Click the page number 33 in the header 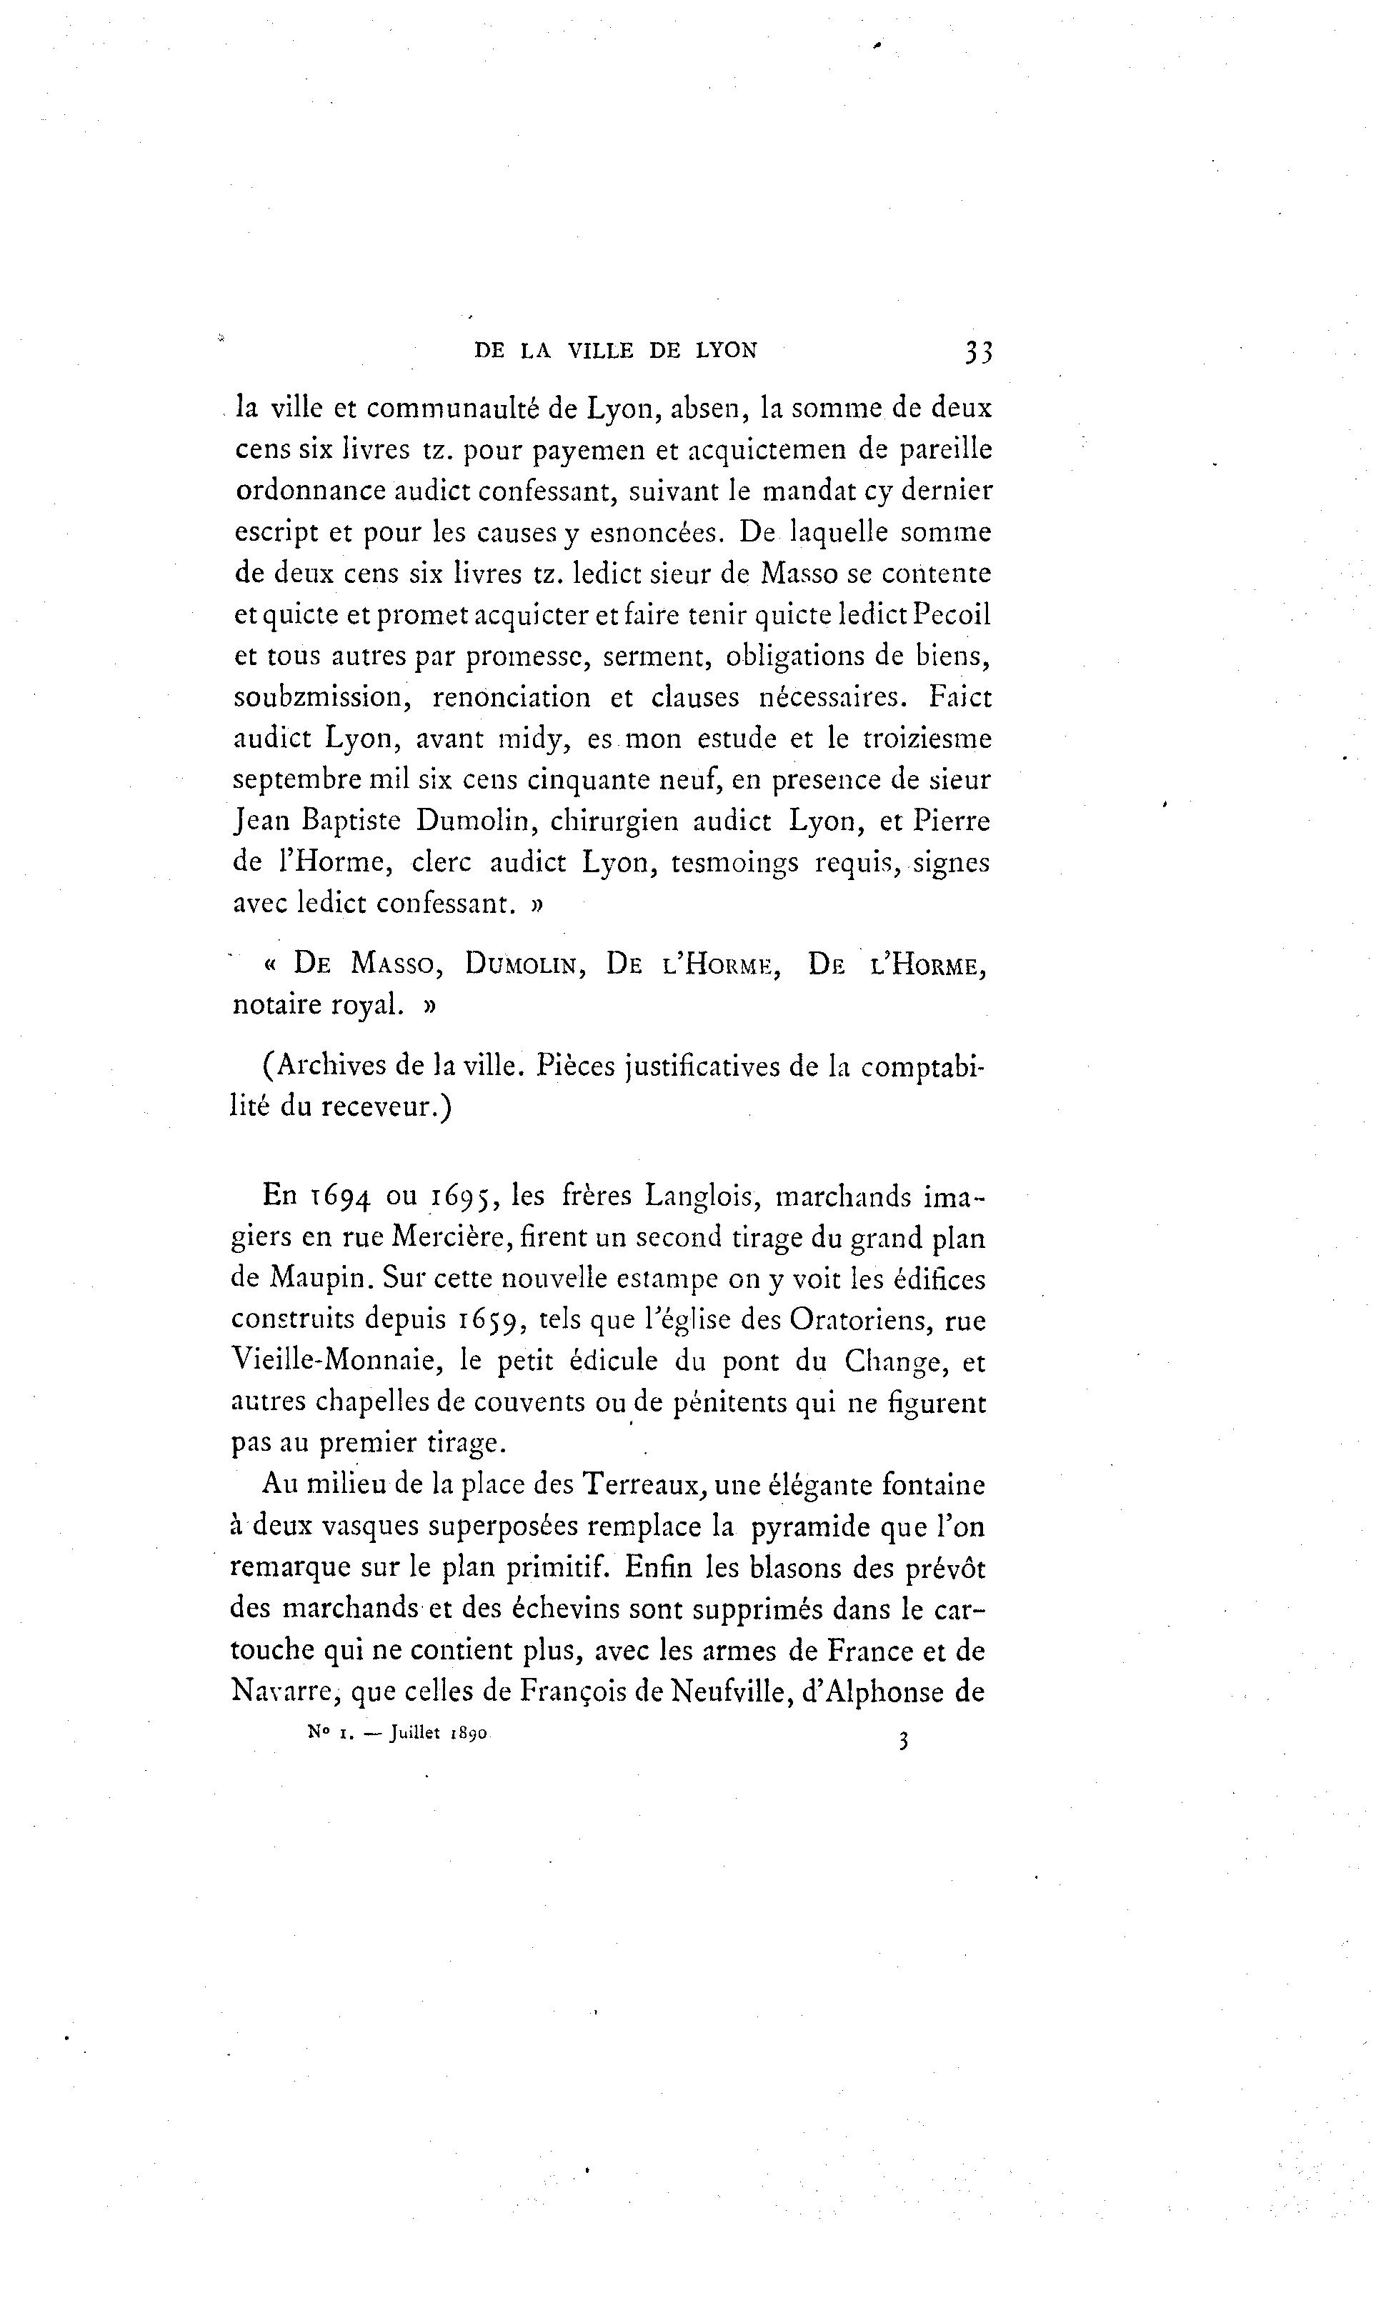point(978,351)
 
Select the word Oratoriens point(860,1320)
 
